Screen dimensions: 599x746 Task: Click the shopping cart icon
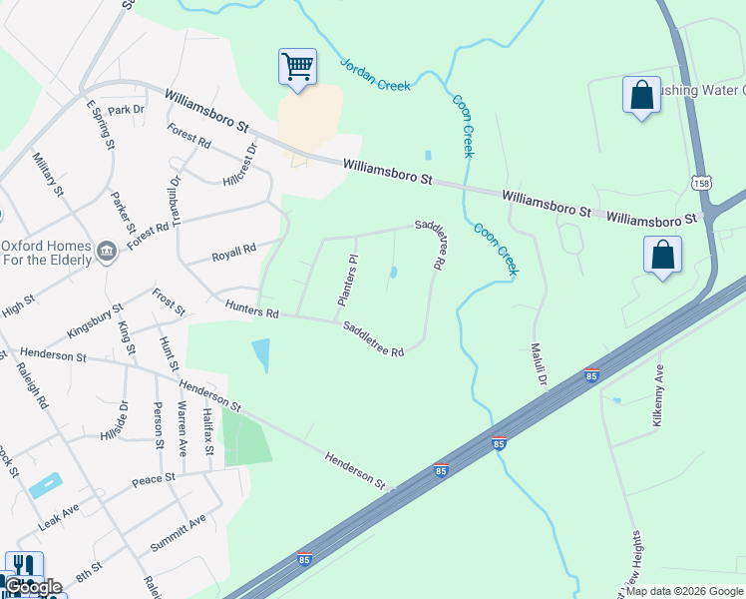tap(297, 67)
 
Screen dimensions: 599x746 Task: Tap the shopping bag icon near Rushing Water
tap(640, 96)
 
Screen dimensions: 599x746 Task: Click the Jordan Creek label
tap(375, 73)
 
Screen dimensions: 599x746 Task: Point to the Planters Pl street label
tap(348, 281)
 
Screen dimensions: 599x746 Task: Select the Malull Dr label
tap(540, 365)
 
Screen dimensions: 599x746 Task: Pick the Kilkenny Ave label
tap(657, 396)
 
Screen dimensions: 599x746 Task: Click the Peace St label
tap(154, 479)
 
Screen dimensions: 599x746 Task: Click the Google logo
tap(34, 587)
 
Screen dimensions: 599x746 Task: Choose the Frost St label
tap(169, 301)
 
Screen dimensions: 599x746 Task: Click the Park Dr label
tap(126, 109)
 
